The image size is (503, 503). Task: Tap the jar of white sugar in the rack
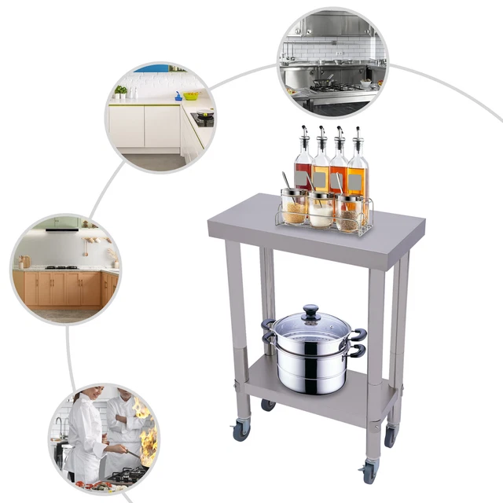pos(321,210)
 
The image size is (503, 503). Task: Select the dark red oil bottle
pos(303,165)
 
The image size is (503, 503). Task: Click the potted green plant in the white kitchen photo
pos(121,91)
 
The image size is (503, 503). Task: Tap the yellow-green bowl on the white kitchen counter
pos(191,96)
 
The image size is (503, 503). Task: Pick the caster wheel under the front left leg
pos(240,431)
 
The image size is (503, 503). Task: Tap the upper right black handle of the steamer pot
pos(359,333)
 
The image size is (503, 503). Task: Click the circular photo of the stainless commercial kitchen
pos(332,62)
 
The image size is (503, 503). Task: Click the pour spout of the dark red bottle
pos(303,134)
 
